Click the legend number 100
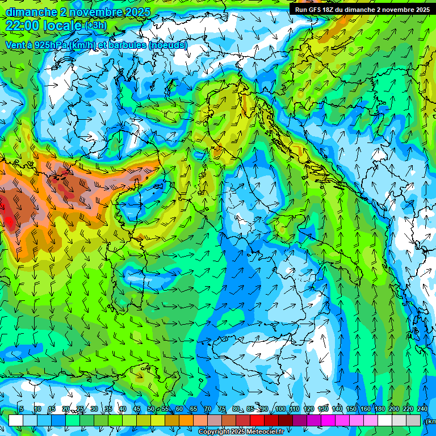pos(280,409)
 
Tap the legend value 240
pos(422,409)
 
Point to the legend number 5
pos(22,409)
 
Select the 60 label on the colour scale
pos(179,409)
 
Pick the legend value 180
pos(379,409)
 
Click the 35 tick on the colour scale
pos(108,409)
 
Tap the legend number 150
pos(351,409)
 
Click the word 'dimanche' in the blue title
pos(31,12)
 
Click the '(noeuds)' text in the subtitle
pos(168,45)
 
